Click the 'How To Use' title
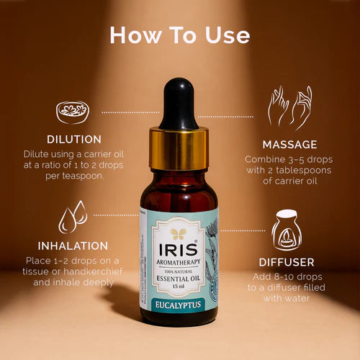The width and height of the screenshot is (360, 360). click(180, 35)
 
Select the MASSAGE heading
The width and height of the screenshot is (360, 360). click(289, 144)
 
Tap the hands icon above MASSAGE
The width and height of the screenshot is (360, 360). click(289, 108)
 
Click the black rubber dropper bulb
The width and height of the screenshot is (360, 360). click(178, 104)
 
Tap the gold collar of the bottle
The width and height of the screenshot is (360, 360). click(179, 148)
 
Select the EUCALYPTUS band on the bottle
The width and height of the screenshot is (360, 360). click(178, 305)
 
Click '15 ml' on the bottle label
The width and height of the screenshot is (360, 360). click(178, 287)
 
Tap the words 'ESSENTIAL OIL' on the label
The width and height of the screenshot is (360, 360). click(178, 278)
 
